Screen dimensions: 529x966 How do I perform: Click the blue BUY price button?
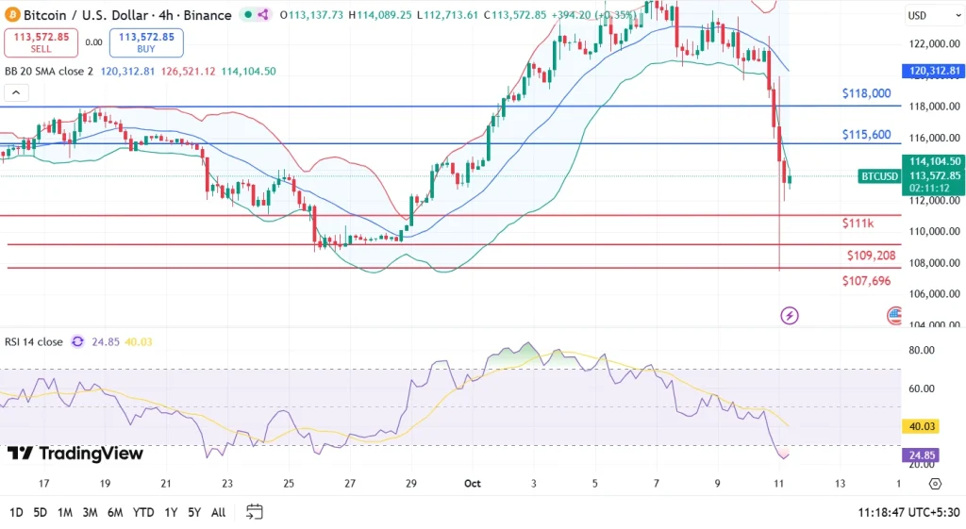[146, 42]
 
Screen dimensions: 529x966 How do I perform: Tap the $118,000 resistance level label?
[866, 93]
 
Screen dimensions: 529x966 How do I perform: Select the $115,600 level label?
[866, 135]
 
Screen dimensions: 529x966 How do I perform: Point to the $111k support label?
[858, 223]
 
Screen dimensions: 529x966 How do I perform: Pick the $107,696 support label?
[866, 281]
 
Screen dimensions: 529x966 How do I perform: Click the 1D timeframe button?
[16, 512]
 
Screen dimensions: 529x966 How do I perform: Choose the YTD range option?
[143, 512]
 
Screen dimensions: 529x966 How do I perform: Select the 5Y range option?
[192, 512]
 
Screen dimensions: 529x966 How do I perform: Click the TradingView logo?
[75, 454]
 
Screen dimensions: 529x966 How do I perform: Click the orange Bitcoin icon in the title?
[11, 15]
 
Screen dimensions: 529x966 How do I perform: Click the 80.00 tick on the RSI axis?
[921, 350]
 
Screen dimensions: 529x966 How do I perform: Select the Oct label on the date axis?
[474, 483]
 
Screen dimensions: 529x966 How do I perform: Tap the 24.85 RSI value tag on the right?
[922, 455]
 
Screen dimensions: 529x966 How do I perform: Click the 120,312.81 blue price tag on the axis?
[934, 71]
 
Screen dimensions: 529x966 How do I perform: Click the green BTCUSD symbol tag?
[880, 176]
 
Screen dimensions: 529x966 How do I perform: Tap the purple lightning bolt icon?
[790, 316]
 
